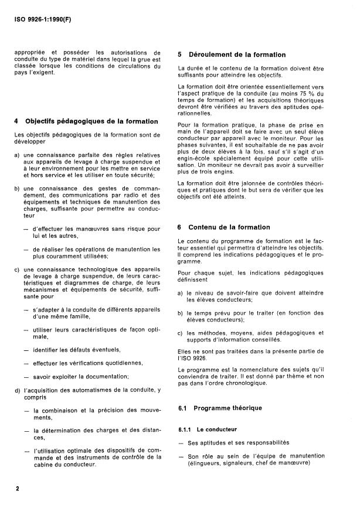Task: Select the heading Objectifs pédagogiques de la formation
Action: coord(91,122)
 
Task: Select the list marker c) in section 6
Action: coord(181,333)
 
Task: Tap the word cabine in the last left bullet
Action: coord(45,465)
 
